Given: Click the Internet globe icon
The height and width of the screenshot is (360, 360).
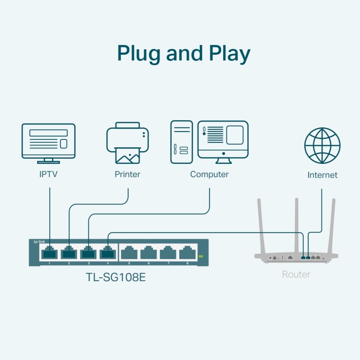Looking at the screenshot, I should pyautogui.click(x=322, y=146).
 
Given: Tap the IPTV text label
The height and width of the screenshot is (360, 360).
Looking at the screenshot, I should pyautogui.click(x=49, y=175).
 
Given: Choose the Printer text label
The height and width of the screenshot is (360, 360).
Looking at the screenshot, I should pyautogui.click(x=127, y=175).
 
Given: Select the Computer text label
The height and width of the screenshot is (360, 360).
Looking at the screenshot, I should pyautogui.click(x=209, y=175).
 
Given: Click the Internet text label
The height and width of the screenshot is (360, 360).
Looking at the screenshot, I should pyautogui.click(x=322, y=175).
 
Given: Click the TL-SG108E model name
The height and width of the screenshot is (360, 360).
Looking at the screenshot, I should pyautogui.click(x=116, y=277).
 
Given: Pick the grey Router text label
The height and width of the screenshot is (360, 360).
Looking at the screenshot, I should pyautogui.click(x=296, y=275).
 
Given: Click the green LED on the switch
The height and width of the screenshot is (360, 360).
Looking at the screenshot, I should pyautogui.click(x=201, y=256).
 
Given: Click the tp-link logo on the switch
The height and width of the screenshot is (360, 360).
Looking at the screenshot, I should pyautogui.click(x=39, y=241).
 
